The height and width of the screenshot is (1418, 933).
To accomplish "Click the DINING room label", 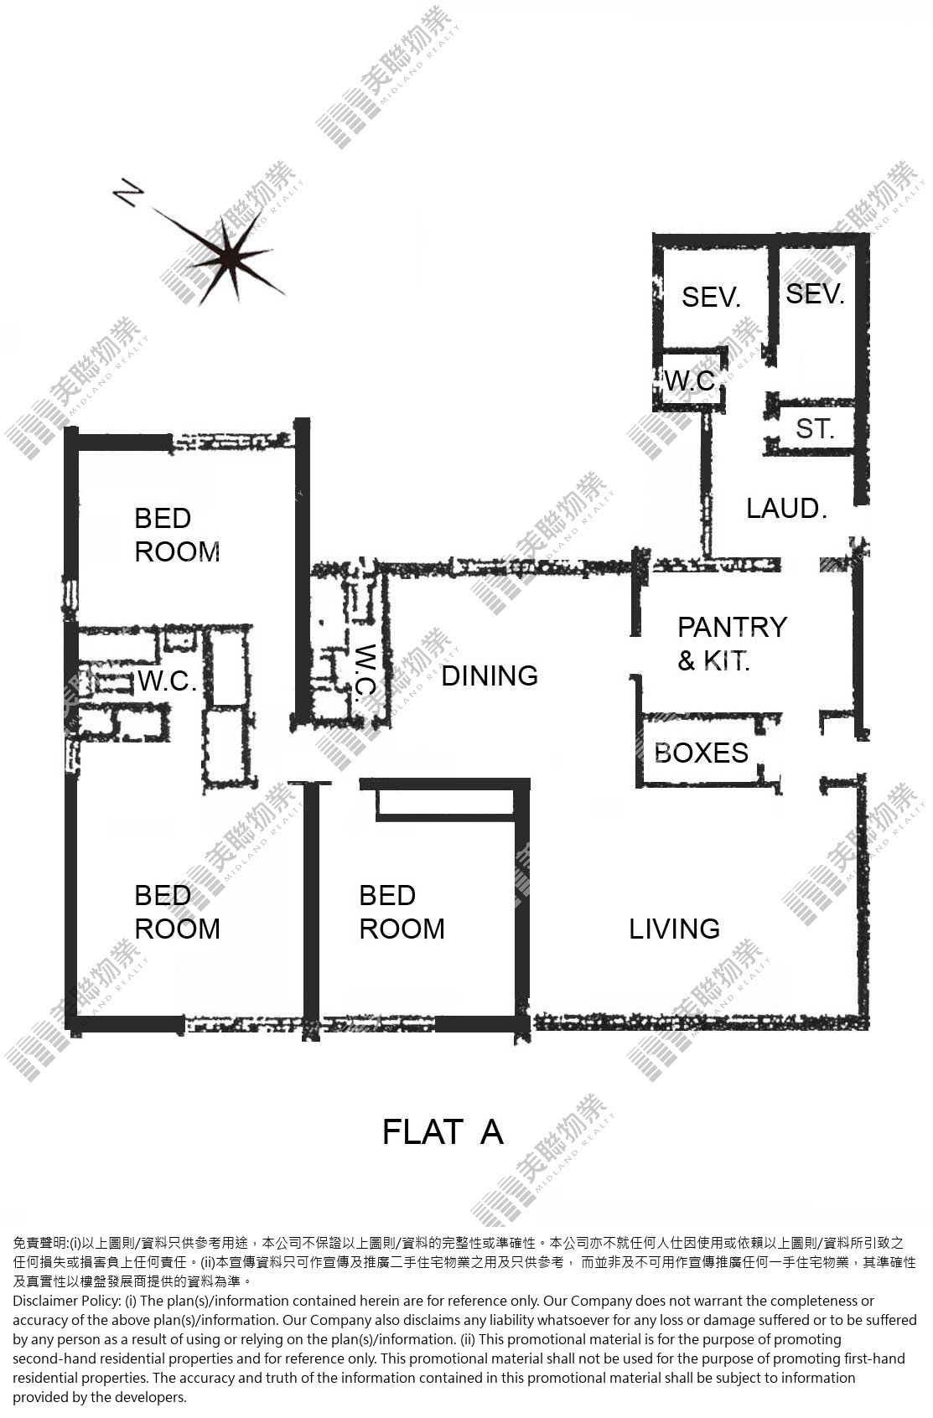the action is point(490,676).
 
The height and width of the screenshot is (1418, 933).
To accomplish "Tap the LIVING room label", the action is point(675,929).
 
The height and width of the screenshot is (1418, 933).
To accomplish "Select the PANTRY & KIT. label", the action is point(732,643).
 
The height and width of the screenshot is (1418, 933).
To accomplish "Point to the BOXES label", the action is point(701,753).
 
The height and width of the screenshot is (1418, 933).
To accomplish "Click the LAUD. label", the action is point(786,509).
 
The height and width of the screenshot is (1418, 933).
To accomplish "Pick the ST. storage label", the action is point(815,429).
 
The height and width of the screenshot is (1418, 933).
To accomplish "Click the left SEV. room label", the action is point(711,297).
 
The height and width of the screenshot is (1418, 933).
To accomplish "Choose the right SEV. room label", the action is point(815,293).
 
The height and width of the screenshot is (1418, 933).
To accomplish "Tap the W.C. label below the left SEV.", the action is point(691,381).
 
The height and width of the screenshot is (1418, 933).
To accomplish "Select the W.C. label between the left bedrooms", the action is point(167,681).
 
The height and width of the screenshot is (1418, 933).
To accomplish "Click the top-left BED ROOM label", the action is point(178,535).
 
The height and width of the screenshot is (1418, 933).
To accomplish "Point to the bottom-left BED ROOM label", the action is point(178,912).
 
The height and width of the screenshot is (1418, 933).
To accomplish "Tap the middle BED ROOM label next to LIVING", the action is point(402,912).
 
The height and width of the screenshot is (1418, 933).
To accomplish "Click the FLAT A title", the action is point(443,1132).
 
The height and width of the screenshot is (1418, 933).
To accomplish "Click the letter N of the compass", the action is point(128,192).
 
